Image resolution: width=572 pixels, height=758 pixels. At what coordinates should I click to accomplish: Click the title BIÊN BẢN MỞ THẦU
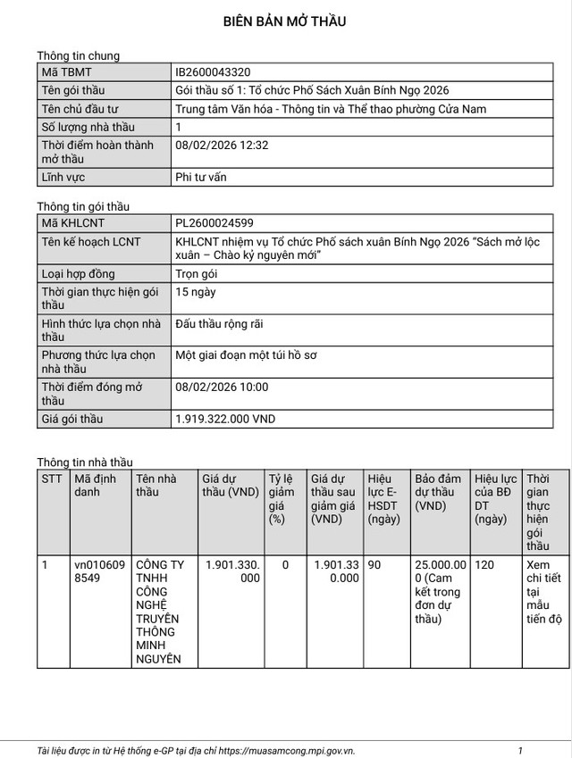click(x=285, y=21)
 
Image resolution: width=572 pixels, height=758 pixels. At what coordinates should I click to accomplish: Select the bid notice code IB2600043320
click(x=212, y=72)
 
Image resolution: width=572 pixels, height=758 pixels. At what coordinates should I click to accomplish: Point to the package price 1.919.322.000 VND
click(x=225, y=418)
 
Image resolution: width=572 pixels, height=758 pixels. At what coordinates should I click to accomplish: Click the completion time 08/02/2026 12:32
click(x=222, y=145)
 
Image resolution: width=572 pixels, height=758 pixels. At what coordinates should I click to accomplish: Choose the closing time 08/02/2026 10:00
click(x=222, y=387)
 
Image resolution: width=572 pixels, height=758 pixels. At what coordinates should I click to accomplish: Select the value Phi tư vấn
click(x=201, y=177)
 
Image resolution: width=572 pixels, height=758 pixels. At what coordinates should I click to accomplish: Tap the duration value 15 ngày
click(x=196, y=292)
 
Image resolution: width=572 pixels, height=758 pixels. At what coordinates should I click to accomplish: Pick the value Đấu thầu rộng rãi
click(x=220, y=323)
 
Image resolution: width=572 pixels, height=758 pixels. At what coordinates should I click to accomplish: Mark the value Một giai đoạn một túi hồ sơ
click(x=247, y=354)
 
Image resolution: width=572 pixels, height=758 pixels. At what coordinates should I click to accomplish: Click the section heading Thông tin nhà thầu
click(x=84, y=462)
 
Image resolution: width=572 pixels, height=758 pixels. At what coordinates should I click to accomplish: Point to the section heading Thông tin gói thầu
click(x=82, y=206)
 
